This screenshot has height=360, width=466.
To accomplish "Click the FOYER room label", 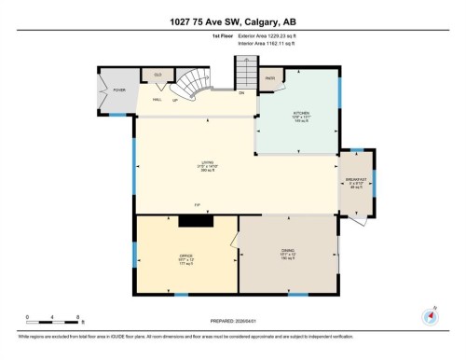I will pyautogui.click(x=119, y=90).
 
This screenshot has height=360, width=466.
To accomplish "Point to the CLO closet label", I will pyautogui.click(x=158, y=74).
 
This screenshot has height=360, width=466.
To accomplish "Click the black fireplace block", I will pyautogui.click(x=198, y=221).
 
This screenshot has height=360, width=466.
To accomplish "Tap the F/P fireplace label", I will pyautogui.click(x=197, y=205).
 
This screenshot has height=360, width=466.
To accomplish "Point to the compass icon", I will pyautogui.click(x=430, y=314).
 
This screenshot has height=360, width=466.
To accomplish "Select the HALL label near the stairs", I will pyautogui.click(x=158, y=98).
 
